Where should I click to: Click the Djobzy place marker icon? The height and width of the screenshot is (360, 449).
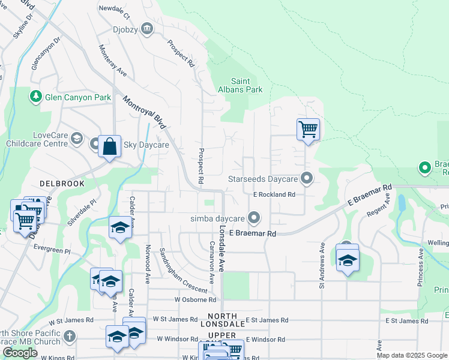point(146,29)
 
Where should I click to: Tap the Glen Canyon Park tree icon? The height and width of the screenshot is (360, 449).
point(36,97)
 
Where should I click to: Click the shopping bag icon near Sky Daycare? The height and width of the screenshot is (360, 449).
point(109,146)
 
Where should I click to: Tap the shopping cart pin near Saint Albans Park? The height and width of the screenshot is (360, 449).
point(308,129)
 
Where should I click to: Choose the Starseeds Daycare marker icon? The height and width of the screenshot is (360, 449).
point(307,178)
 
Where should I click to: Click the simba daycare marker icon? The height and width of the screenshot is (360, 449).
point(255,217)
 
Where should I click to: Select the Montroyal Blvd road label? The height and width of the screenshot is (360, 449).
point(144,113)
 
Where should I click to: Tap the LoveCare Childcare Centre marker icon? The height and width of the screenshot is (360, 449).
point(76,139)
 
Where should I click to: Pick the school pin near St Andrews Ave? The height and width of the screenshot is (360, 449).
point(347,259)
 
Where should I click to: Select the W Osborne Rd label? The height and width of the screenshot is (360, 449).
point(195,299)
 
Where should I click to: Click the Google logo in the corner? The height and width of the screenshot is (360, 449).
point(20,353)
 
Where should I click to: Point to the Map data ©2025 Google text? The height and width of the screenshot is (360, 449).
point(411,355)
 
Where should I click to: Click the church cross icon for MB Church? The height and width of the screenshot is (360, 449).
point(70,337)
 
